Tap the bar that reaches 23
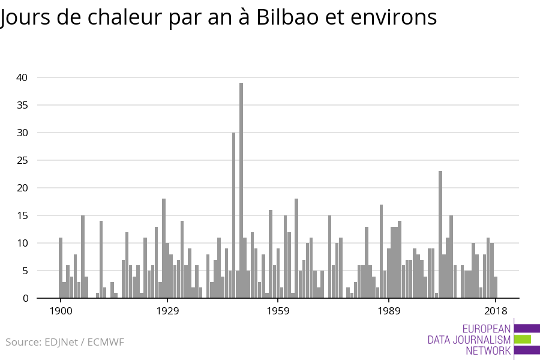click(440, 235)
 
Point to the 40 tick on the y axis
click(22, 77)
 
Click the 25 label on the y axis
click(22, 160)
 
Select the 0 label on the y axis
click(25, 298)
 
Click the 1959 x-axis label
click(278, 311)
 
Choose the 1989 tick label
click(389, 311)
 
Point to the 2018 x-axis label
click(496, 311)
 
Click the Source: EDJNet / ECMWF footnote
click(65, 343)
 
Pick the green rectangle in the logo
click(523, 339)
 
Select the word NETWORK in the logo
click(488, 350)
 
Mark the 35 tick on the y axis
click(22, 105)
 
